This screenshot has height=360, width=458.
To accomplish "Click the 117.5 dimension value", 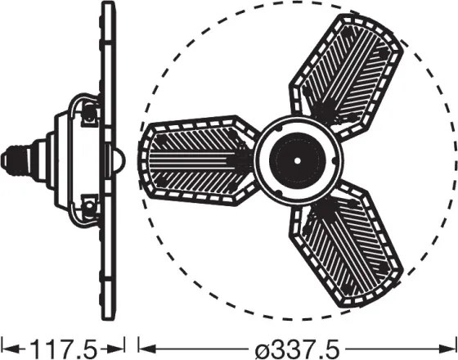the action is [x=64, y=349].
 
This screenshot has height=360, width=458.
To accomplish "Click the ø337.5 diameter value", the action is [x=298, y=349].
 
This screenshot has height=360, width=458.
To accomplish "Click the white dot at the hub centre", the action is [x=298, y=160].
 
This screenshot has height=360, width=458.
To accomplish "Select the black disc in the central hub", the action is [x=298, y=160].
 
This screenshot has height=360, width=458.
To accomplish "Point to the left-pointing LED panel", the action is [x=199, y=160].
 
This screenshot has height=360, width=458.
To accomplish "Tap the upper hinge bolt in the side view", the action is [x=89, y=113].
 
